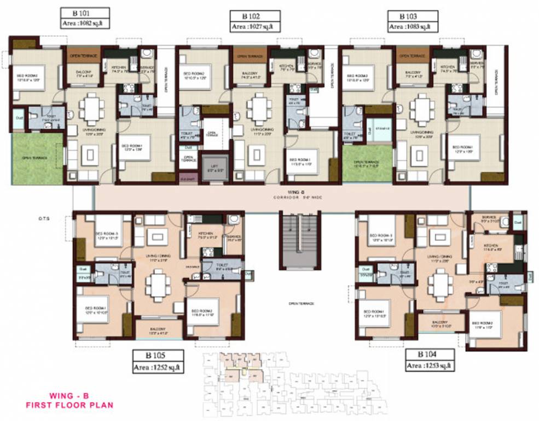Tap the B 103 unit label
pos(413,16)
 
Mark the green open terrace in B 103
pos(367,163)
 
